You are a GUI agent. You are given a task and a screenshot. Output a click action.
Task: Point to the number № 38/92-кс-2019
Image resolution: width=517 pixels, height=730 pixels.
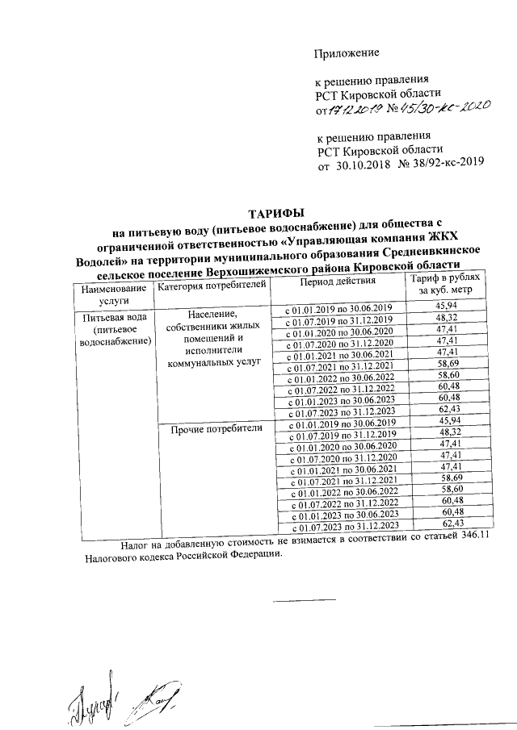pyautogui.click(x=441, y=162)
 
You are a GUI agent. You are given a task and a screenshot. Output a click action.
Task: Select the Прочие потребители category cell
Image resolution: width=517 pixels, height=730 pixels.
pyautogui.click(x=216, y=429)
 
